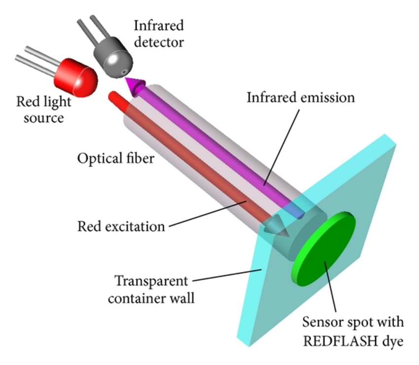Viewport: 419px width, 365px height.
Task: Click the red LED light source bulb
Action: pyautogui.click(x=79, y=76)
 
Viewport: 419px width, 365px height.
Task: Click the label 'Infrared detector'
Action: pyautogui.click(x=158, y=33)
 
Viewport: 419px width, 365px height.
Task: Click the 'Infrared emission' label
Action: pyautogui.click(x=301, y=98)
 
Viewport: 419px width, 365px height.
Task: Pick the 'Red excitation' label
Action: pyautogui.click(x=121, y=227)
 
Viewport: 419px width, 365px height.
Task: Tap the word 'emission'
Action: pyautogui.click(x=327, y=98)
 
